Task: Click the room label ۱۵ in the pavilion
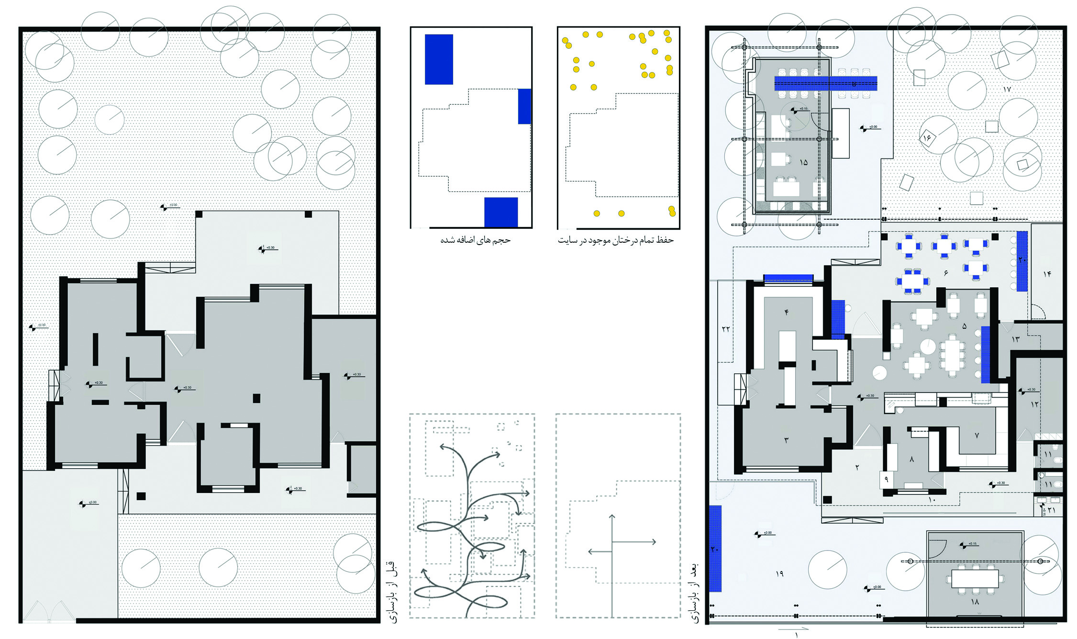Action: pos(803,162)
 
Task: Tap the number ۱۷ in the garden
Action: pos(1007,89)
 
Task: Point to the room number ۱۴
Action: pos(1047,273)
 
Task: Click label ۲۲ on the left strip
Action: pos(726,329)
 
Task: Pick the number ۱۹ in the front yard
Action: pos(779,573)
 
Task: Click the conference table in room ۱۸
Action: pos(975,578)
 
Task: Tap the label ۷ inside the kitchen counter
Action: pos(977,435)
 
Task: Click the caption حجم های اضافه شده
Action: pos(475,240)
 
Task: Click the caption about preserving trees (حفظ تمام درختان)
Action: pos(615,240)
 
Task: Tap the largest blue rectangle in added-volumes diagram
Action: pos(439,59)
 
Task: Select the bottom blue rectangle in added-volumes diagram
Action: pos(501,212)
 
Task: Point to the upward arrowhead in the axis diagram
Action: pos(611,516)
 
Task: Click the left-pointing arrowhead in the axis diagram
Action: pos(590,552)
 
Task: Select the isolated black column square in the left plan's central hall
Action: pos(256,398)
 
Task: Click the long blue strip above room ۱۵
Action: pos(826,83)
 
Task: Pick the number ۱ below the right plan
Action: pos(796,635)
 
